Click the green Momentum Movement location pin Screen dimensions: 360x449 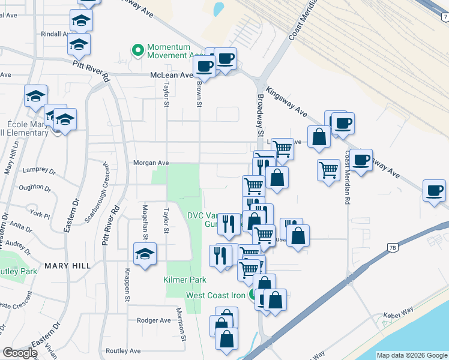[138, 50]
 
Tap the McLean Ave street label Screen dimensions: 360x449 [171, 76]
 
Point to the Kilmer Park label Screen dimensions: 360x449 [185, 280]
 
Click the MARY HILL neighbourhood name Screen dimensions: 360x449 [67, 265]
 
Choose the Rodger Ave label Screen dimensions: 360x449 [155, 320]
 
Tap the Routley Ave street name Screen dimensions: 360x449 [123, 351]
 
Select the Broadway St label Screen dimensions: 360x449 [261, 114]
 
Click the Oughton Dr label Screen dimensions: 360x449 [35, 187]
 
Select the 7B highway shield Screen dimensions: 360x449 [393, 247]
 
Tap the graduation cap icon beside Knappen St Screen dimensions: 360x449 [145, 254]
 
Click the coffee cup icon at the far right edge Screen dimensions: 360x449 [434, 190]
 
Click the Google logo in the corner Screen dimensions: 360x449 [20, 353]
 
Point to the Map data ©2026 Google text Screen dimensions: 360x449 [411, 355]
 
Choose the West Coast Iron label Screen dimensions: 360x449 [215, 295]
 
